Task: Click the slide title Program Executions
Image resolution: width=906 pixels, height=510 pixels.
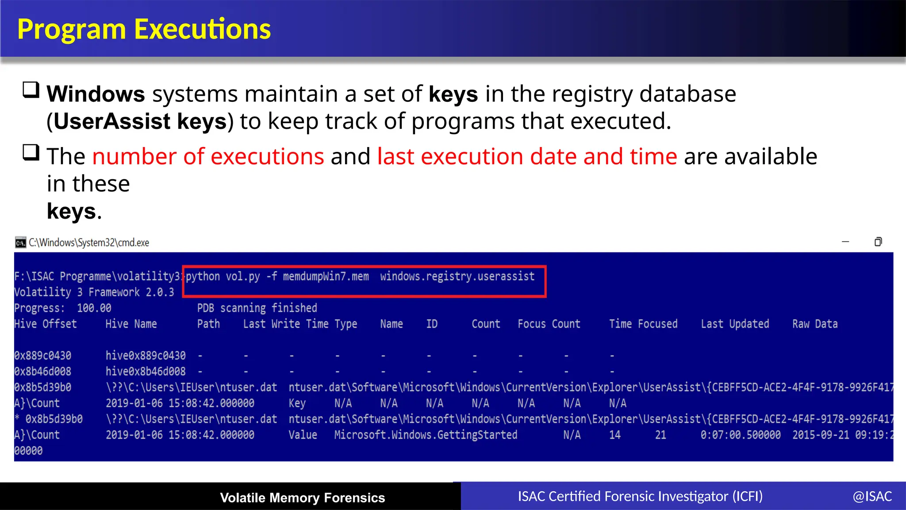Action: coord(144,29)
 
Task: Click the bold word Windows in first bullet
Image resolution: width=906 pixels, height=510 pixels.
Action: coord(96,94)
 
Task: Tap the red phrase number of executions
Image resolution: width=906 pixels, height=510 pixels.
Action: coord(208,157)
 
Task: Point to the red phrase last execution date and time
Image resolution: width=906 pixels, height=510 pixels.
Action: coord(527,157)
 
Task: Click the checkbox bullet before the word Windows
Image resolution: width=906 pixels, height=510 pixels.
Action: coord(31,90)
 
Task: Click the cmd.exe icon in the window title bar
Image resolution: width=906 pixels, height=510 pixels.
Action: coord(20,243)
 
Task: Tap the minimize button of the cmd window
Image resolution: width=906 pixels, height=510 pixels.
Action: coord(845,242)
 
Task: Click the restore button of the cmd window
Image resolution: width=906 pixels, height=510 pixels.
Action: coord(878,242)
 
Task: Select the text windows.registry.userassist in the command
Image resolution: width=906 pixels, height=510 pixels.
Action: coord(457,277)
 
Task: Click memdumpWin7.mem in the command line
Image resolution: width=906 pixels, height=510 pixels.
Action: coord(326,277)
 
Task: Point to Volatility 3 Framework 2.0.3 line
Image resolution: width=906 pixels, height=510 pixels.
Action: coord(94,293)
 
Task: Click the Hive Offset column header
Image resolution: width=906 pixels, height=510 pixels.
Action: coord(45,324)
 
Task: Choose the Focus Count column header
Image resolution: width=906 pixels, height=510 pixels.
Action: coord(549,324)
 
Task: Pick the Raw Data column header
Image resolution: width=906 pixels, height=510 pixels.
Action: coord(815,324)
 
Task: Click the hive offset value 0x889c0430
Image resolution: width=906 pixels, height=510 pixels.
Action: coord(42,356)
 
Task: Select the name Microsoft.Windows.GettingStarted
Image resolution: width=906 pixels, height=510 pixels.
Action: coord(426,435)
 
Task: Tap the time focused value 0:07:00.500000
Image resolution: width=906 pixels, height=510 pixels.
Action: coord(740,435)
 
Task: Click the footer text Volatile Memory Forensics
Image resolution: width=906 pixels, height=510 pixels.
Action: coord(303,498)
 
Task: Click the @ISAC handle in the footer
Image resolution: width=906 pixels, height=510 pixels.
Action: coord(872,497)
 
